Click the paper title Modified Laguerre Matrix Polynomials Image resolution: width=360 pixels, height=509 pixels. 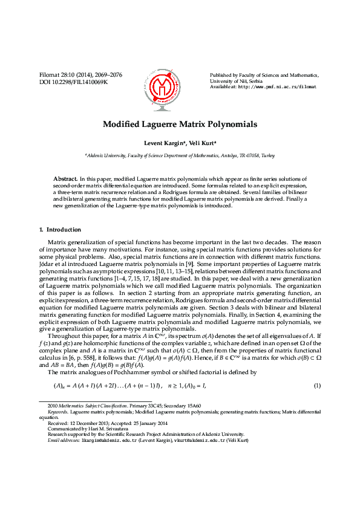180,124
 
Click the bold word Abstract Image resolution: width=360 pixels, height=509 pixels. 65,180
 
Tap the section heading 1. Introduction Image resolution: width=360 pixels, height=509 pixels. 60,230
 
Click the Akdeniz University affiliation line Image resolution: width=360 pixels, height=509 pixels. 180,155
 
